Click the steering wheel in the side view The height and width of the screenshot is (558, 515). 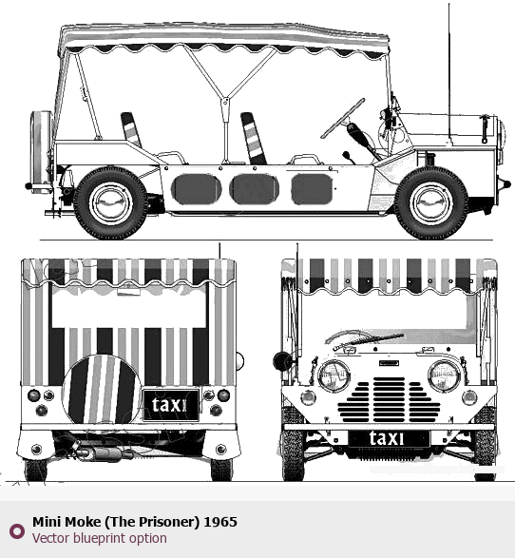(x=343, y=118)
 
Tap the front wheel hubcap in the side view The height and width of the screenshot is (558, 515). (x=431, y=203)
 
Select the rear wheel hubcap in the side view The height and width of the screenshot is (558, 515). (x=110, y=203)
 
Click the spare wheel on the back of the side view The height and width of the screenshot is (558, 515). (x=41, y=152)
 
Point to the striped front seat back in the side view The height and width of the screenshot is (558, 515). (x=254, y=138)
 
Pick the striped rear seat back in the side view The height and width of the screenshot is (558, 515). (x=131, y=129)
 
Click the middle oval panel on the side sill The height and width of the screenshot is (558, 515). (x=254, y=189)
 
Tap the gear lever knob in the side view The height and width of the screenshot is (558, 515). (x=346, y=155)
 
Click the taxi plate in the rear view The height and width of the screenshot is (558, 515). (x=170, y=405)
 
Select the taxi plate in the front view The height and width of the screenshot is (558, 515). (x=389, y=438)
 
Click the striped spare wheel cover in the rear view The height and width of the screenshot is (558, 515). (x=102, y=389)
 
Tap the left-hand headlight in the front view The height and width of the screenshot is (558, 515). (x=334, y=375)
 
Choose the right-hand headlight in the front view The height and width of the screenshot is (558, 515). (x=445, y=375)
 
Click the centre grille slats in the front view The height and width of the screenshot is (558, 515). (x=389, y=399)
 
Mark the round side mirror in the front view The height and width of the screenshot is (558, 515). (x=282, y=361)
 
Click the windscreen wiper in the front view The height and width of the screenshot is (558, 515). (x=369, y=340)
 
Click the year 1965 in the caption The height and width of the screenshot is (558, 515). (x=220, y=522)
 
